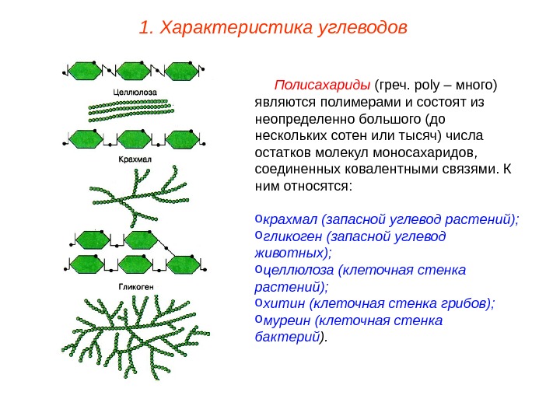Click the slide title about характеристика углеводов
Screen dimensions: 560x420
click(x=271, y=29)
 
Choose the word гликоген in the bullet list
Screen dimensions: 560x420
click(x=292, y=236)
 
